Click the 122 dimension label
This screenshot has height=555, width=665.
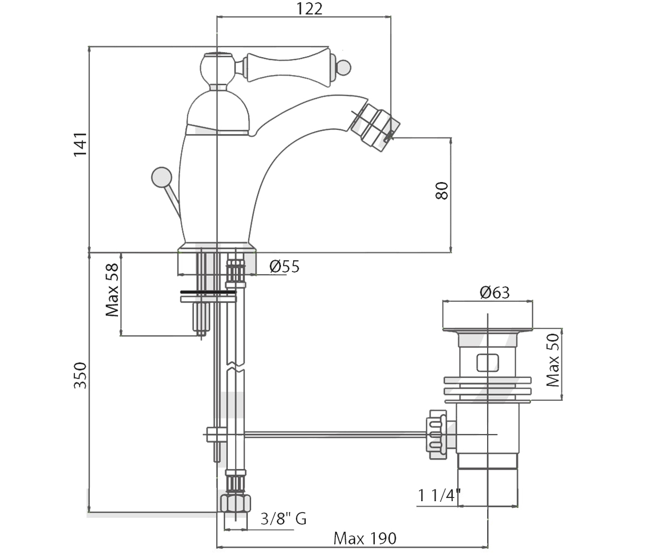click(309, 9)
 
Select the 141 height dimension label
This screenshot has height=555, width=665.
click(80, 144)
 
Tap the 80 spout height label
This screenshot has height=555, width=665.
click(442, 191)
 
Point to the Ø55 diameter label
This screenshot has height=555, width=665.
click(284, 266)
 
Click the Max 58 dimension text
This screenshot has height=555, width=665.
click(112, 290)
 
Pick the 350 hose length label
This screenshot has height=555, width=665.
click(80, 375)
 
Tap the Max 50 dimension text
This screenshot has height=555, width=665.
click(553, 360)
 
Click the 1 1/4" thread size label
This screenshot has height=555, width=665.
click(439, 496)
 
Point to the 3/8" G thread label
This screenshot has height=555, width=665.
click(283, 518)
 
